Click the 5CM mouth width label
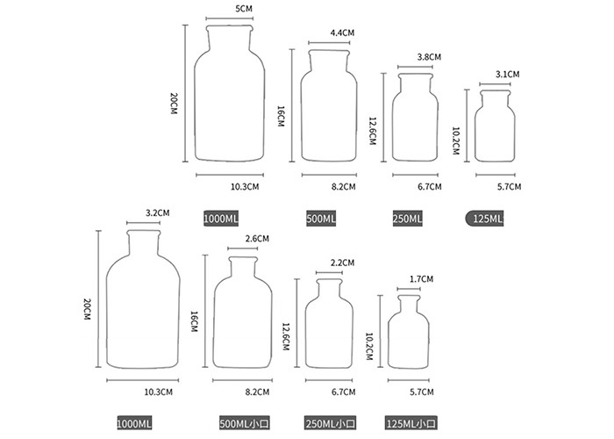click(244, 9)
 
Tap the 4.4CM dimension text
click(342, 33)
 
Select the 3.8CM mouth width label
click(429, 57)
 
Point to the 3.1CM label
click(507, 75)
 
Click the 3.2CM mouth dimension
click(157, 213)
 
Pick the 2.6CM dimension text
click(257, 239)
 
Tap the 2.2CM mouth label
click(342, 263)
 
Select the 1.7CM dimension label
click(421, 279)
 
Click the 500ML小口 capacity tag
click(245, 424)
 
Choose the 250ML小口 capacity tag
click(331, 424)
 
